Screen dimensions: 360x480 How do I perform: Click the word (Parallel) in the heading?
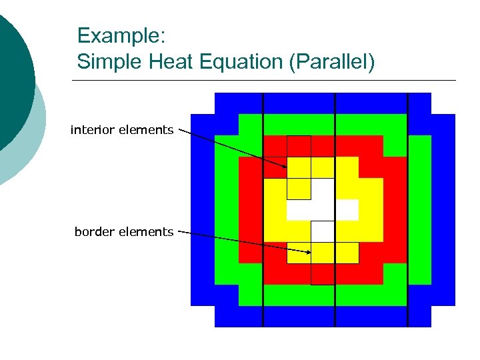click(x=338, y=62)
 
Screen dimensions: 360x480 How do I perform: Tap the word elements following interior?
click(x=146, y=130)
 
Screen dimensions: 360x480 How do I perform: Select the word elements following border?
click(x=147, y=232)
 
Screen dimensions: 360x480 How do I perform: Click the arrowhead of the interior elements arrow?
click(x=285, y=166)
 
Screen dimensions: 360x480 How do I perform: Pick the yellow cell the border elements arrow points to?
click(x=323, y=253)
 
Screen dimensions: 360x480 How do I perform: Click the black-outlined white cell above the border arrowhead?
click(x=323, y=231)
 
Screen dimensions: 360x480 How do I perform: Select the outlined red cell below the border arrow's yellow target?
click(x=323, y=274)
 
